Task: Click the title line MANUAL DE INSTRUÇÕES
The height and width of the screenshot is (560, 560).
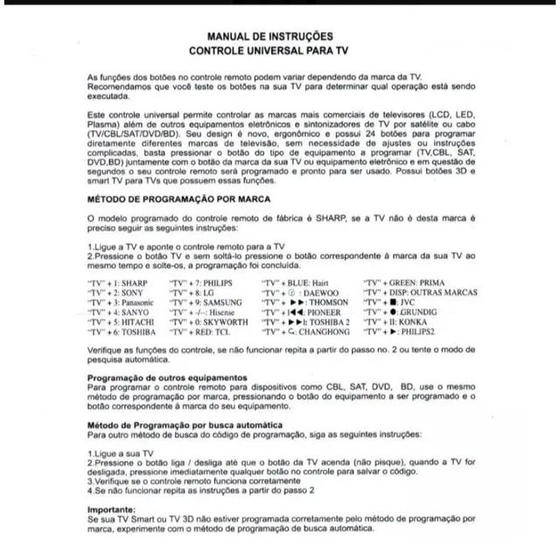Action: [x=269, y=37]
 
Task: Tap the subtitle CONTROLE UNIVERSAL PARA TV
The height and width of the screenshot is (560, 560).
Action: [x=269, y=52]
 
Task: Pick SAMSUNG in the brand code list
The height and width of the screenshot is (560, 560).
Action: [x=225, y=302]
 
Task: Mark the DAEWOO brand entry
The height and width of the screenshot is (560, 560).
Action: [x=323, y=292]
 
